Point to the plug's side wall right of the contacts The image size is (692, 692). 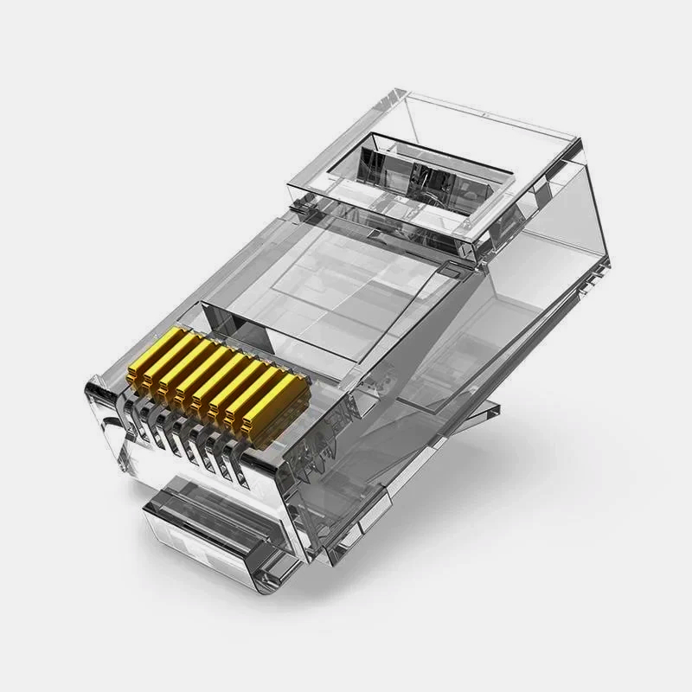click(x=346, y=450)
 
